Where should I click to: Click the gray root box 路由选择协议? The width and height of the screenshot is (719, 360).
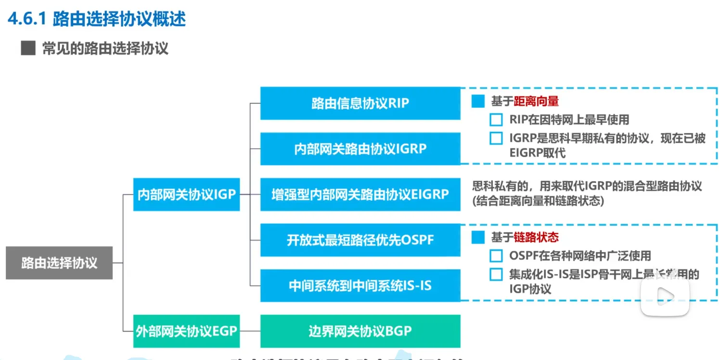click(59, 263)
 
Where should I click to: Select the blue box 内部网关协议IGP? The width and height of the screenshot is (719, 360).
click(186, 194)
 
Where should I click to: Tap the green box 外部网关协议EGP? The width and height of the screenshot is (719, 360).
click(186, 331)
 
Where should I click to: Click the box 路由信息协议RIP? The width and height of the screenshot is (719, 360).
click(360, 103)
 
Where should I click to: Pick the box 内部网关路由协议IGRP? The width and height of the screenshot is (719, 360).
click(360, 149)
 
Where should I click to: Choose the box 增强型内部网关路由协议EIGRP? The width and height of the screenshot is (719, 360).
click(360, 194)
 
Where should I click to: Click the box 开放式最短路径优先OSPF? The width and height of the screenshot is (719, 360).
click(360, 240)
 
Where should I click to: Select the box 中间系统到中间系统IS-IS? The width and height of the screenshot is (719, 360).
click(360, 285)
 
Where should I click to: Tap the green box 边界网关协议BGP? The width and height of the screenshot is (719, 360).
click(360, 331)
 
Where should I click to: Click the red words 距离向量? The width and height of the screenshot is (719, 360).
click(536, 102)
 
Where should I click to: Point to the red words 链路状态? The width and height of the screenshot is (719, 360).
click(536, 237)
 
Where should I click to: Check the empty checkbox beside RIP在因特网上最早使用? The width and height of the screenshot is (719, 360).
click(496, 119)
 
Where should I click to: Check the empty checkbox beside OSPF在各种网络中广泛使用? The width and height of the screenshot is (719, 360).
click(496, 256)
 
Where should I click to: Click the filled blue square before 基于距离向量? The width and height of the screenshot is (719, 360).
click(478, 102)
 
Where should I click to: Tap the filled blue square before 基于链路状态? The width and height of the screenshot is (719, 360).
click(478, 237)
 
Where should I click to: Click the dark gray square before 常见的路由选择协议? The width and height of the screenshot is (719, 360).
click(28, 49)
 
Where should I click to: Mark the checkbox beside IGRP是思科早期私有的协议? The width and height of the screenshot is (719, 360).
click(496, 139)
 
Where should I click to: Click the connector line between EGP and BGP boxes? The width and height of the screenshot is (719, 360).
click(250, 331)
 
